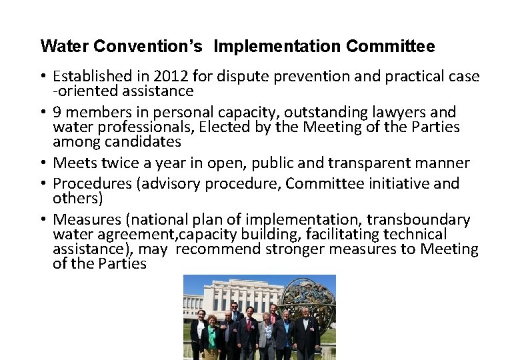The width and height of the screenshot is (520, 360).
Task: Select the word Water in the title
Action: (65, 47)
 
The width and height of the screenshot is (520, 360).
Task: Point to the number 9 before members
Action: (57, 112)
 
